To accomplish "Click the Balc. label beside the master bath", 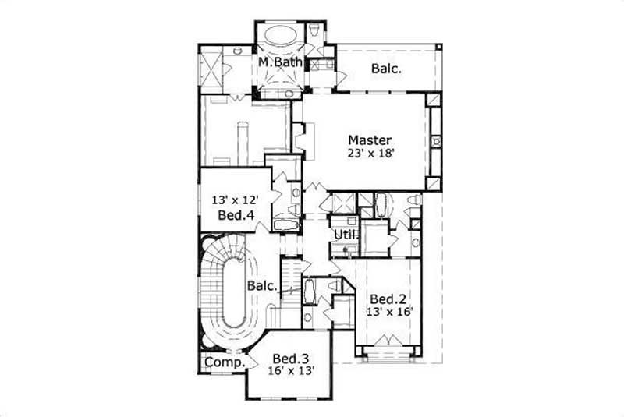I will pyautogui.click(x=386, y=69).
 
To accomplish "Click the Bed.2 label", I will pyautogui.click(x=385, y=299).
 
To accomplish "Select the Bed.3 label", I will pyautogui.click(x=292, y=358).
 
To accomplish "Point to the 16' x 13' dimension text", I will pyautogui.click(x=292, y=371).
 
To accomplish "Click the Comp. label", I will pyautogui.click(x=222, y=362).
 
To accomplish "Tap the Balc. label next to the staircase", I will pyautogui.click(x=263, y=286).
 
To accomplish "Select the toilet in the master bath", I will pyautogui.click(x=314, y=30).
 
